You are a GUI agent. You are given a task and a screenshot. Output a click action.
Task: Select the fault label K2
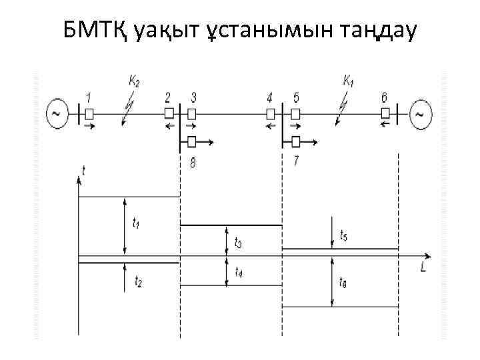pyautogui.click(x=134, y=82)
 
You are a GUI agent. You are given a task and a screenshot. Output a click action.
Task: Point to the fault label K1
pyautogui.click(x=348, y=81)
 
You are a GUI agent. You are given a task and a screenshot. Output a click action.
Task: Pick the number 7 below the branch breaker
pyautogui.click(x=296, y=160)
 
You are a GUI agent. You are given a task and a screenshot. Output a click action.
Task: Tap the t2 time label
pyautogui.click(x=137, y=283)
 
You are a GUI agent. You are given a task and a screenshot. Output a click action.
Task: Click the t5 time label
pyautogui.click(x=343, y=235)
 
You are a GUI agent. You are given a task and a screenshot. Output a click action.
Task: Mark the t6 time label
pyautogui.click(x=343, y=282)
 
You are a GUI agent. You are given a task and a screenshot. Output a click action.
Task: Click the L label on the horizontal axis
pyautogui.click(x=424, y=267)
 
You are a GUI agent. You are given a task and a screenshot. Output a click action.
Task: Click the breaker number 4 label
pyautogui.click(x=269, y=98)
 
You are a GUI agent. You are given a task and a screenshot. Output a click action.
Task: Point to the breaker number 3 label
pyautogui.click(x=193, y=98)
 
